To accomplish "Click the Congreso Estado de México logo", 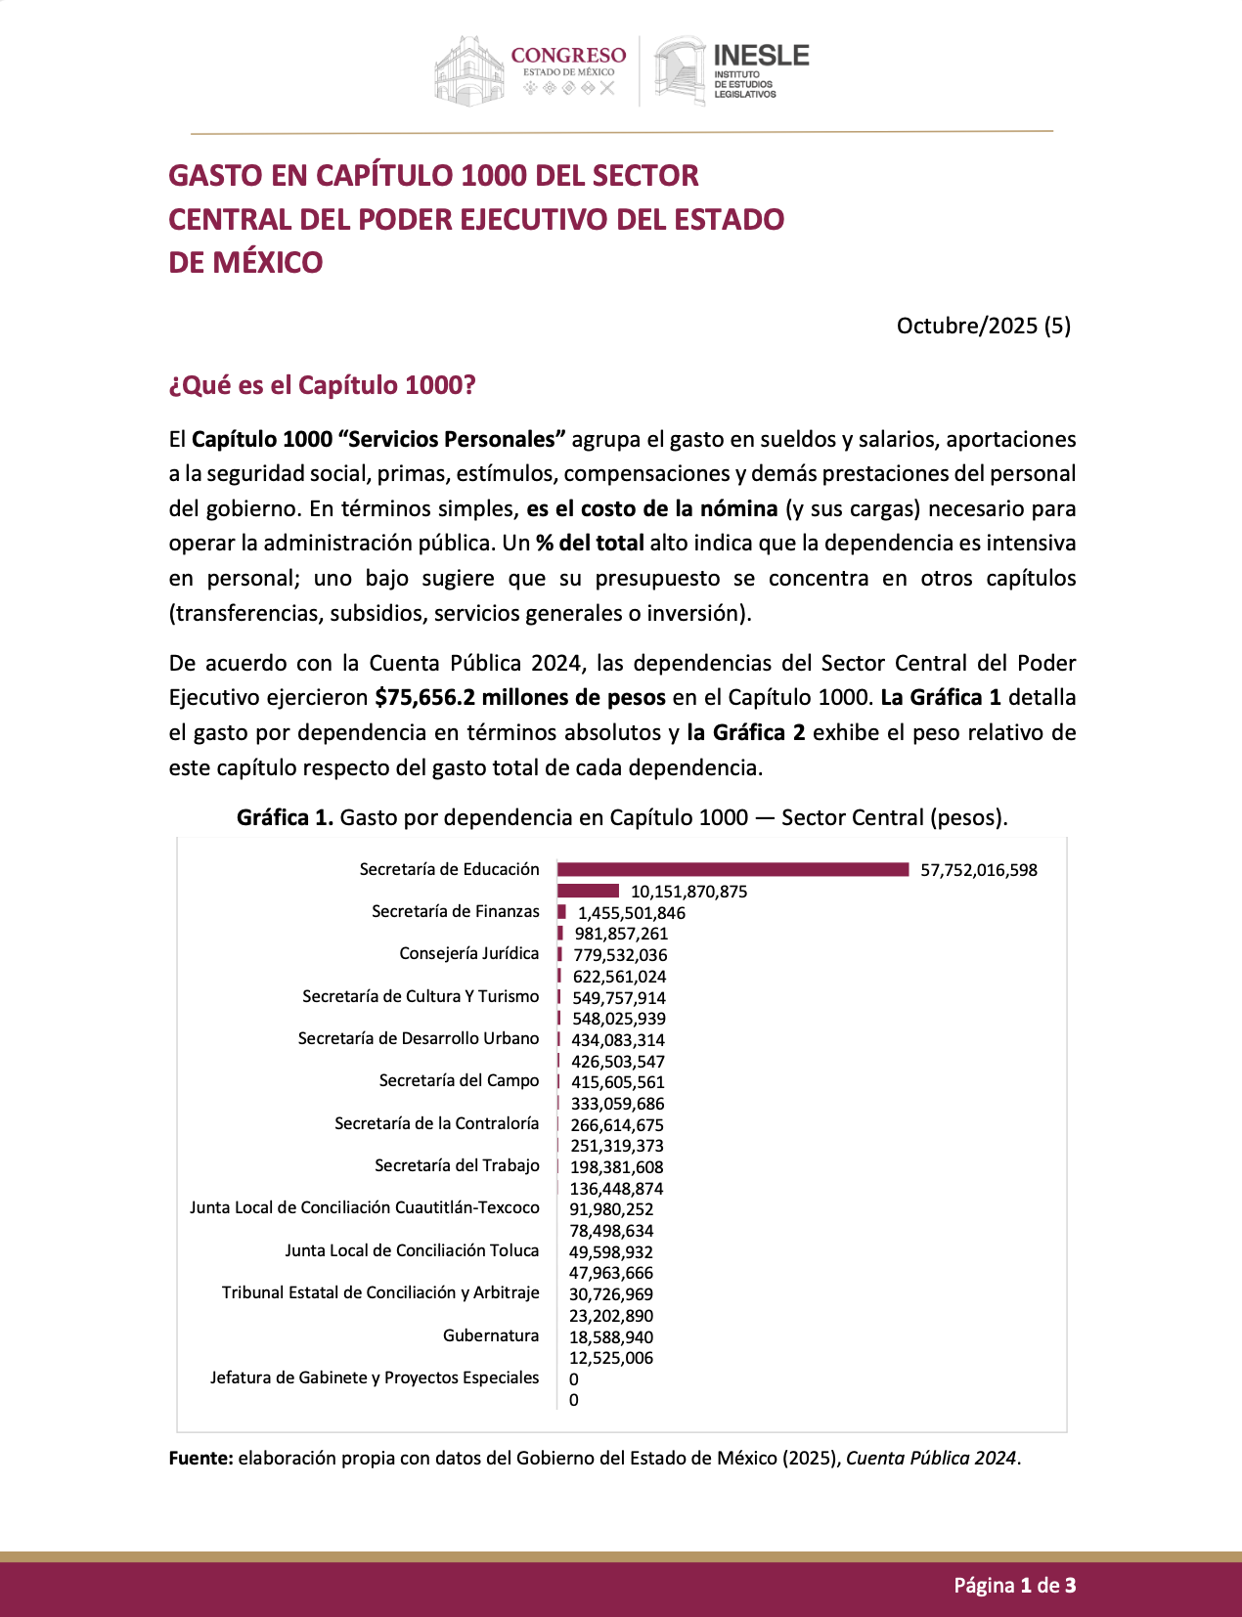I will pos(531,70).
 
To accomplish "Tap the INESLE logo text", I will pos(760,56).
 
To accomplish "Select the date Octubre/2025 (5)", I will pos(983,326).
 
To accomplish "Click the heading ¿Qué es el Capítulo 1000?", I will pos(322,385).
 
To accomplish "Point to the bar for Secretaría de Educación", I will pos(732,869).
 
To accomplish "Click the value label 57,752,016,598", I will pos(978,870).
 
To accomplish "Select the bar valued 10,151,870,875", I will pos(588,891).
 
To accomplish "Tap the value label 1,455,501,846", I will pos(631,913).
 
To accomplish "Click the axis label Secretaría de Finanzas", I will pos(455,911).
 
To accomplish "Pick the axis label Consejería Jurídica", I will pos(468,953).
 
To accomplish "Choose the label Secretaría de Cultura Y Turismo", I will pos(421,996).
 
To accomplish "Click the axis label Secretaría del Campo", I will pos(459,1080).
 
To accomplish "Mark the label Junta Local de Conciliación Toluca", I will pos(412,1250).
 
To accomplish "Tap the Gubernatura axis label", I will pos(490,1335).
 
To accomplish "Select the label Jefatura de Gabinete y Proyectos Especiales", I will pos(374,1377).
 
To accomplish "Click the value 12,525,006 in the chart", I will pos(611,1358).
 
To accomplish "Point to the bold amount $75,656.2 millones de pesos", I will pos(520,698).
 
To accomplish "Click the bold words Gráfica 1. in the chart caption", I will pos(285,817).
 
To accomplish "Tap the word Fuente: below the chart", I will pos(200,1458).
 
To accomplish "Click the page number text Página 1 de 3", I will pos(1014,1586).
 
